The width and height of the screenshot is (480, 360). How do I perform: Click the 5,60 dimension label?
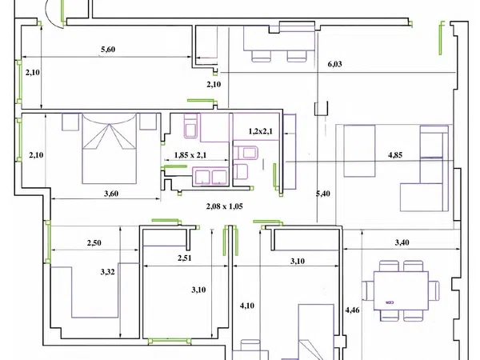[108, 50]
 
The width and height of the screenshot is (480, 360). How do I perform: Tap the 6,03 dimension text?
[334, 64]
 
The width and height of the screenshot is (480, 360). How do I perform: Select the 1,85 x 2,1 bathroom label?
[190, 155]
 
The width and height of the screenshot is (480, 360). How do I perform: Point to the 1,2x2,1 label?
[261, 131]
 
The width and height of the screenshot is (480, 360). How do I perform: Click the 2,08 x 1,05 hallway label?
[224, 206]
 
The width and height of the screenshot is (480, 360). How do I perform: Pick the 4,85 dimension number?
[395, 155]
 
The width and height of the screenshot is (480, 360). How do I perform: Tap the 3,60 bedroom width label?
[111, 194]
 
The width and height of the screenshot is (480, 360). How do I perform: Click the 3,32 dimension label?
[108, 272]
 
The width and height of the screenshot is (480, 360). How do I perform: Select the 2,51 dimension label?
[185, 258]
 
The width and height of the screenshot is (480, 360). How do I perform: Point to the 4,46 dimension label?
[352, 310]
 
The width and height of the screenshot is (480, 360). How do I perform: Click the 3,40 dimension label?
[402, 242]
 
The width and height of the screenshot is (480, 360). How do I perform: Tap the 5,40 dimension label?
[323, 194]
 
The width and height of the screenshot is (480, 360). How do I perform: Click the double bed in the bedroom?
[110, 149]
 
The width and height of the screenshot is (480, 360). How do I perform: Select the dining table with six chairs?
[401, 290]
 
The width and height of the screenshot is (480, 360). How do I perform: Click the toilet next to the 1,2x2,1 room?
[246, 153]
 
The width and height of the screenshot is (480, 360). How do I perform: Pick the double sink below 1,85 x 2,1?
[210, 177]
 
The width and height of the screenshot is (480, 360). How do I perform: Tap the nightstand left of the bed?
[70, 122]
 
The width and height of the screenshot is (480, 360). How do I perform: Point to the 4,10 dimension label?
[246, 306]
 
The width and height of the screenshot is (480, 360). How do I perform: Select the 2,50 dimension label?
[94, 242]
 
